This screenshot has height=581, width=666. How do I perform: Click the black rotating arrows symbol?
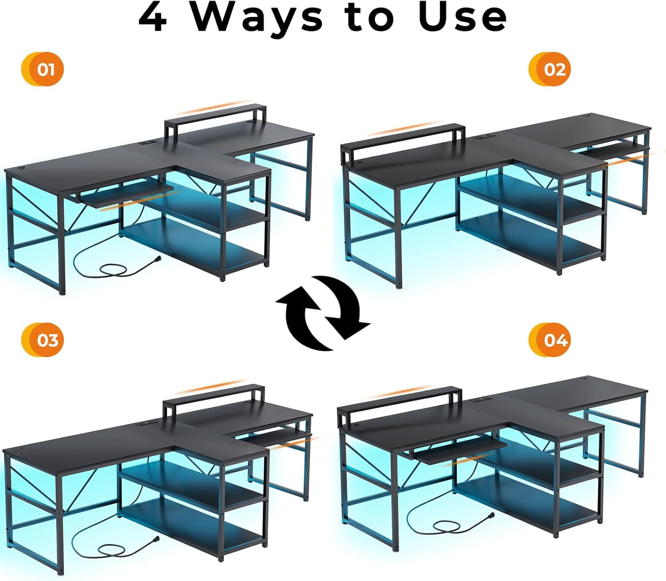coord(323,312)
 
